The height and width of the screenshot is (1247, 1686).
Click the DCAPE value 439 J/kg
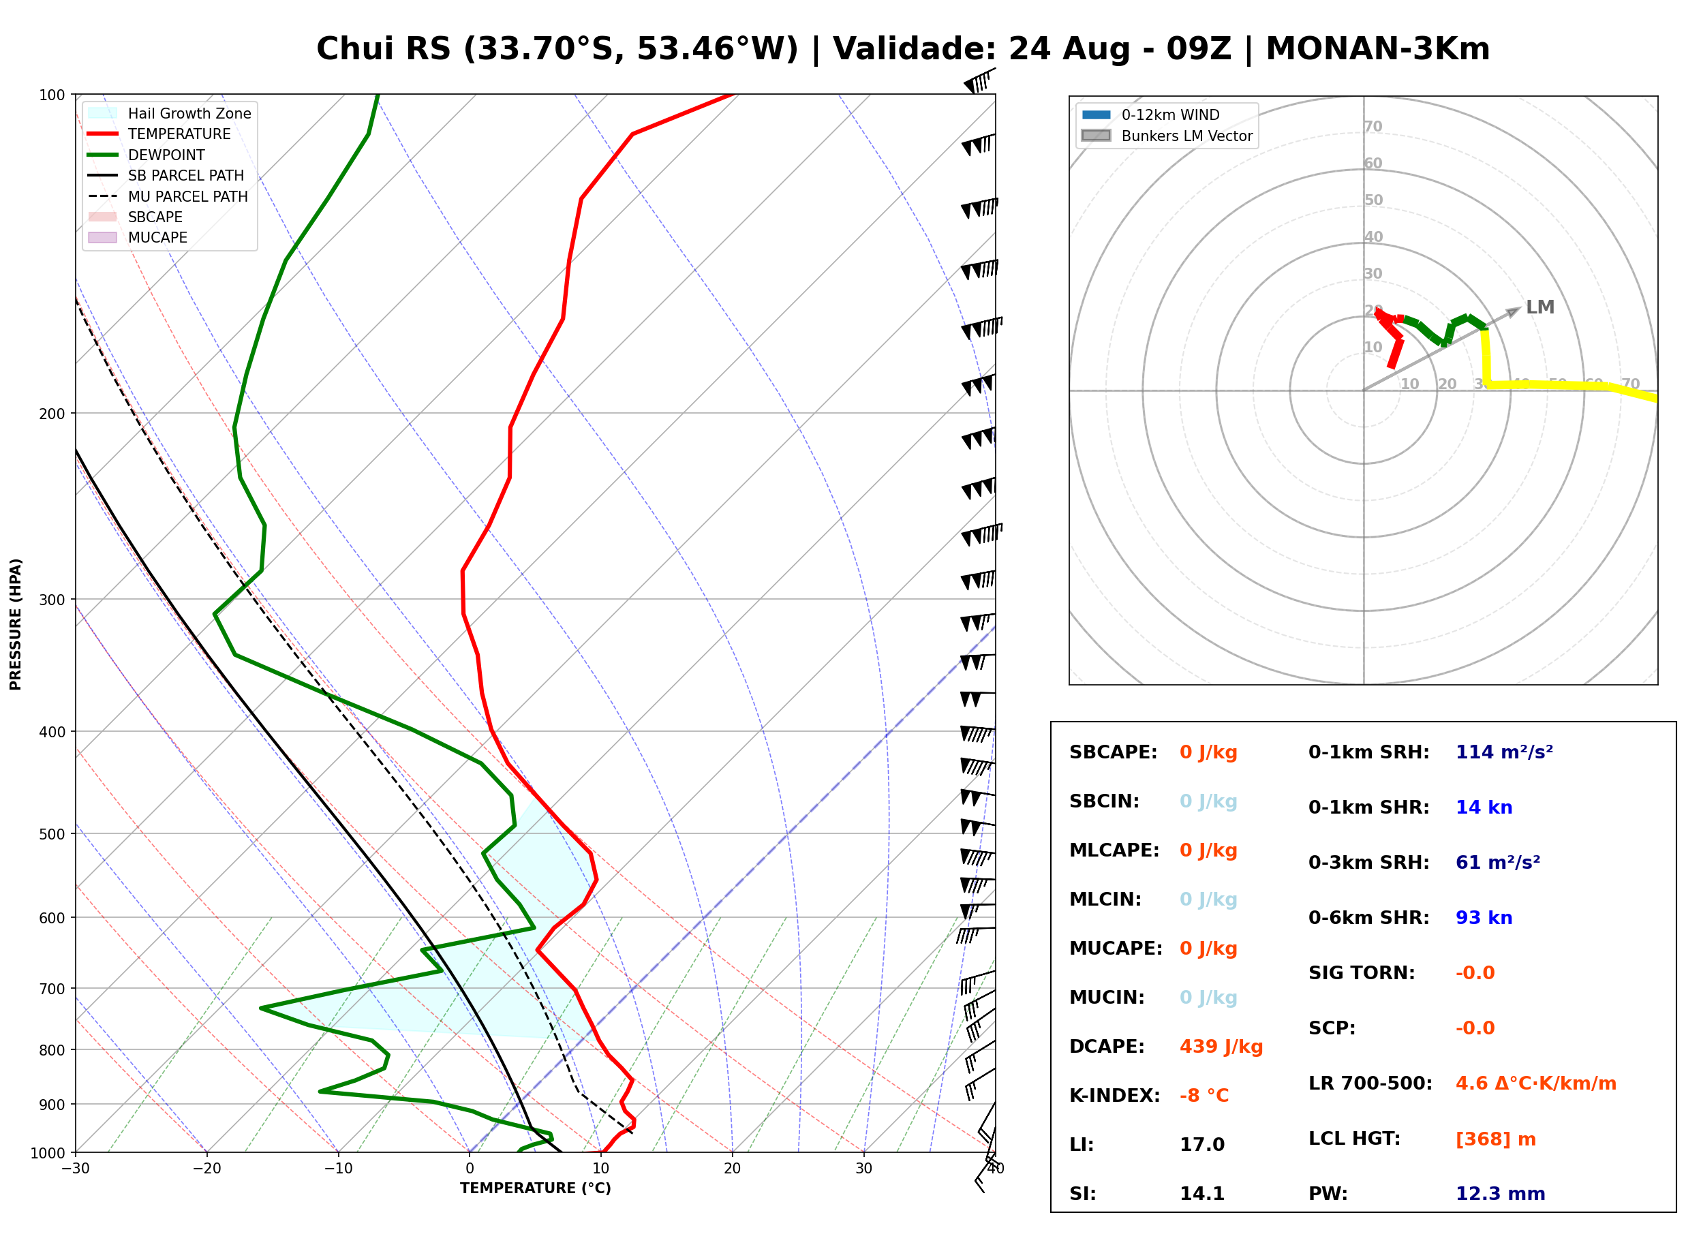click(x=1221, y=1046)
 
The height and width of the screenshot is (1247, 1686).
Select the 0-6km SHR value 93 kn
click(x=1483, y=917)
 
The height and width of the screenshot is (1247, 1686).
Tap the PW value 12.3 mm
click(x=1499, y=1193)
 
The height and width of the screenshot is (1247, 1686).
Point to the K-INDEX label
click(x=1114, y=1095)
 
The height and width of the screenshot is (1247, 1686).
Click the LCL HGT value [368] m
click(x=1495, y=1138)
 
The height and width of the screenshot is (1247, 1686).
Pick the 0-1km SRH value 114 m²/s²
click(x=1503, y=752)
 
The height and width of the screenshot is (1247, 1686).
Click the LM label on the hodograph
click(x=1539, y=307)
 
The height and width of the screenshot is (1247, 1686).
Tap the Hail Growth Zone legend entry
click(x=170, y=113)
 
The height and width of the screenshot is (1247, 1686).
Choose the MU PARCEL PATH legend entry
click(x=168, y=196)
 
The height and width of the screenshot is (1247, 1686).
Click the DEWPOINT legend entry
click(x=147, y=155)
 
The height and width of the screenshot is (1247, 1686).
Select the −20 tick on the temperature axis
click(x=206, y=1169)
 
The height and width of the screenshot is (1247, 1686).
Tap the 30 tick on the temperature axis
click(x=864, y=1169)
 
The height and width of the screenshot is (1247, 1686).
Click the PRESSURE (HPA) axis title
click(x=16, y=624)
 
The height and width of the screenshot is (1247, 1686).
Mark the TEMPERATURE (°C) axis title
click(x=536, y=1189)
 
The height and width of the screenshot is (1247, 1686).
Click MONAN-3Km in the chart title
click(x=1377, y=49)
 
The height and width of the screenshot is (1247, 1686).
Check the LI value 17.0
click(x=1202, y=1144)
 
